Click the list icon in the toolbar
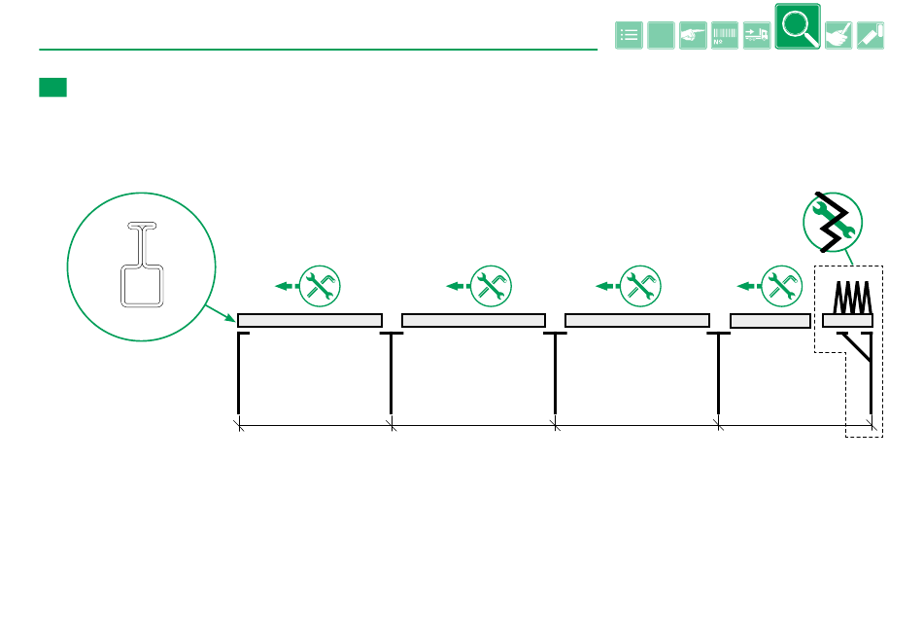tap(630, 35)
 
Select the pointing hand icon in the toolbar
tap(693, 35)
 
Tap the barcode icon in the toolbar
tap(725, 35)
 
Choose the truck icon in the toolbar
tap(757, 35)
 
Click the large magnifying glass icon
tap(798, 26)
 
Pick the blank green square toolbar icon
tap(662, 35)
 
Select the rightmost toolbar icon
tap(871, 35)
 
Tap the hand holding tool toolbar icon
tap(838, 35)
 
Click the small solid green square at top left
tap(52, 88)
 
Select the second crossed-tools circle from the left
tap(490, 285)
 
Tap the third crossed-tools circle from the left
tap(638, 285)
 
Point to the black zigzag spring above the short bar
tap(851, 295)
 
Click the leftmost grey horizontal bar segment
tap(310, 320)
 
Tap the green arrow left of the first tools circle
tap(285, 286)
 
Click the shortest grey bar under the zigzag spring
tap(848, 320)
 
